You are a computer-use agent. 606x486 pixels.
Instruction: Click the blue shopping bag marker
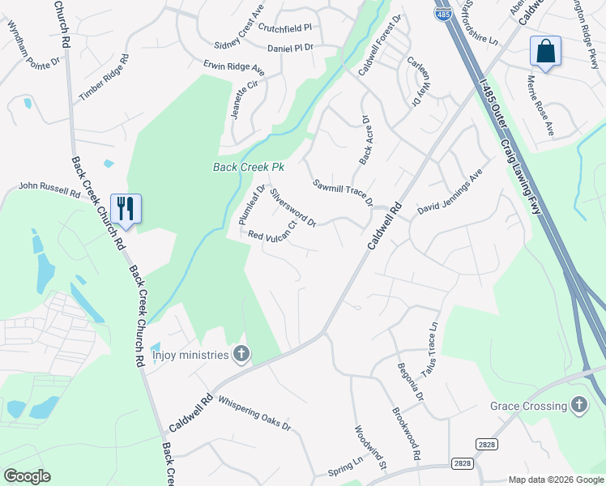click(x=545, y=51)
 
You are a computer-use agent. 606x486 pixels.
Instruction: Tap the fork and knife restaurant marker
click(x=126, y=208)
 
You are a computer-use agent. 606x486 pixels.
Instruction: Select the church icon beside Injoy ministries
click(x=241, y=353)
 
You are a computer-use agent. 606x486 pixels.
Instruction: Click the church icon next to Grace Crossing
click(x=578, y=405)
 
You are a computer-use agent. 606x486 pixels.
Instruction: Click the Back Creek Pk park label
click(x=249, y=168)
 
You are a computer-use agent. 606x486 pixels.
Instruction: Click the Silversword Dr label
click(x=292, y=207)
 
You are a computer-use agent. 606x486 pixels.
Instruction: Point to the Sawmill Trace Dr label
click(x=343, y=192)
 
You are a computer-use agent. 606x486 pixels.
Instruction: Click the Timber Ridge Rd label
click(x=105, y=78)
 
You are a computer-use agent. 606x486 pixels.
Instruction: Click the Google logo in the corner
click(x=27, y=476)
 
